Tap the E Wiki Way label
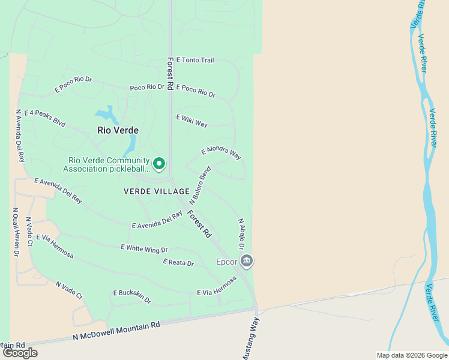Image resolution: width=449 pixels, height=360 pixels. (191, 121)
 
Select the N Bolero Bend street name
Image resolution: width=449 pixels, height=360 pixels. (200, 184)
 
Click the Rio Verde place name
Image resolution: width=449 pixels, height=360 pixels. (118, 130)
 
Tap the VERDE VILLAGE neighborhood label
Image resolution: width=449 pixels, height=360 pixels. (152, 191)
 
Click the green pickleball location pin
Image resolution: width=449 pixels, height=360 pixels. (159, 163)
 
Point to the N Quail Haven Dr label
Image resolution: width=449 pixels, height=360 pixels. (16, 233)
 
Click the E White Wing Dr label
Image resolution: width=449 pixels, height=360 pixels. (144, 248)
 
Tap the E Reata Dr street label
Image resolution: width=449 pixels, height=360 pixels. (178, 263)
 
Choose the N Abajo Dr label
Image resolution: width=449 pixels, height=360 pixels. (241, 234)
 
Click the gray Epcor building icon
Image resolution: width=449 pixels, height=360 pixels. (247, 261)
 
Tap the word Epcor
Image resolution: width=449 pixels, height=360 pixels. (227, 262)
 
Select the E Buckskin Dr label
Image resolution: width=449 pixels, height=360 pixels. (132, 296)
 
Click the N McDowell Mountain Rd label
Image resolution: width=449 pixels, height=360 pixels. (116, 331)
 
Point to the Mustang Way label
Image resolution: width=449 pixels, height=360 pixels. (251, 339)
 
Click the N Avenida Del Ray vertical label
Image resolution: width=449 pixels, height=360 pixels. (20, 136)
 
